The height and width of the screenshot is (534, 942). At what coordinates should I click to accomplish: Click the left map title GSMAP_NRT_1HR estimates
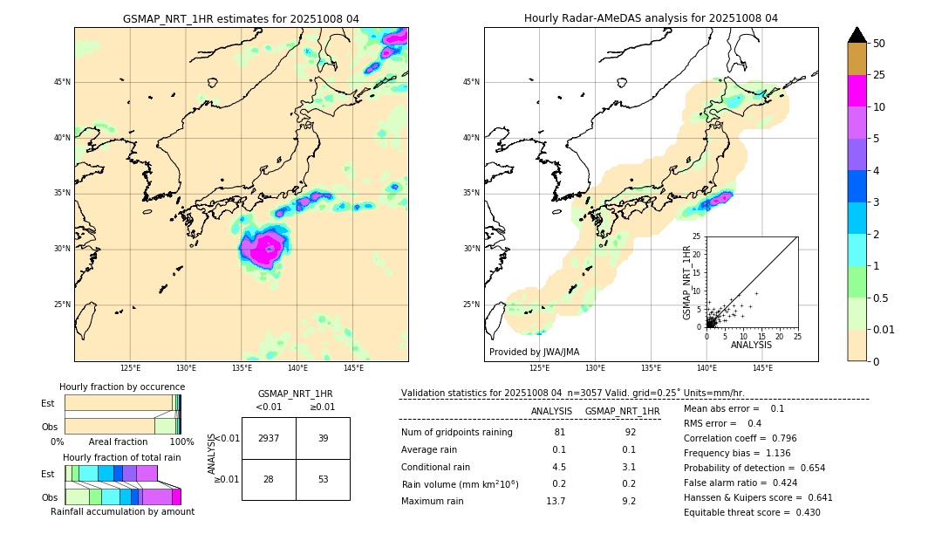tap(241, 18)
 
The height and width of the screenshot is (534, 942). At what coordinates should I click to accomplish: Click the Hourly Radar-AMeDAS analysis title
tap(651, 18)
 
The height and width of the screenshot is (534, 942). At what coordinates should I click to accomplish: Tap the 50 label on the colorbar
tap(879, 43)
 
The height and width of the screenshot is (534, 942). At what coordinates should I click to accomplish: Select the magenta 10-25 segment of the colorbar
tap(857, 91)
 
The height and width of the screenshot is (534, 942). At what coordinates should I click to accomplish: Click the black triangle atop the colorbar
tap(857, 35)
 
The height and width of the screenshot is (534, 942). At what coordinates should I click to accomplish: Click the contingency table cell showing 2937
tap(269, 438)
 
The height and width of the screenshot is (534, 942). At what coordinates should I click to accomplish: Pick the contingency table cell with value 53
tap(323, 479)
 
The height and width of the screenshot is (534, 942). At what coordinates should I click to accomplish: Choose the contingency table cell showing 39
tap(323, 438)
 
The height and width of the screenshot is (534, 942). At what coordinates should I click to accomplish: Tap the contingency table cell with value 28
tap(269, 479)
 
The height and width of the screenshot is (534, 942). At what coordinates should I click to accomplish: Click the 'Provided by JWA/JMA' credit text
tap(534, 352)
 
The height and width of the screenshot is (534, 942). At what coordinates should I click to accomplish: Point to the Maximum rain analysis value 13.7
tap(556, 501)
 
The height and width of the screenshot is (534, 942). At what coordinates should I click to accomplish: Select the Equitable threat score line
tap(752, 512)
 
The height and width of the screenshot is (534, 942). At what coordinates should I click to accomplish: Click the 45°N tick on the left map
tap(62, 82)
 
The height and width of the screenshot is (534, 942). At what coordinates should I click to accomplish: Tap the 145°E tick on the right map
tap(762, 369)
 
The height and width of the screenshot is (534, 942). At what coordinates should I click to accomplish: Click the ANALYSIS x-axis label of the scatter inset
tap(751, 345)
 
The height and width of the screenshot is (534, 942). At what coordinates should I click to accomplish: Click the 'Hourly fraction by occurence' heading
tap(122, 387)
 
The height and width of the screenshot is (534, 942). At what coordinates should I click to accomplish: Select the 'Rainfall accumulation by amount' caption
tap(122, 511)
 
